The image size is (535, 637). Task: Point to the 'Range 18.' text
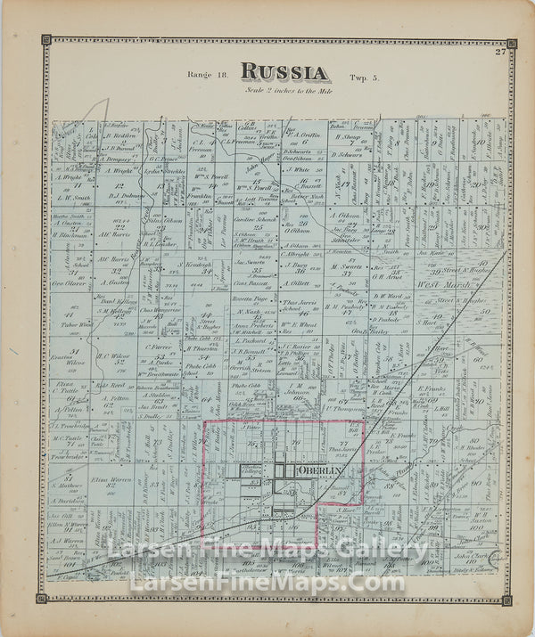tap(207, 77)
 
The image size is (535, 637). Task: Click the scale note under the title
tap(284, 90)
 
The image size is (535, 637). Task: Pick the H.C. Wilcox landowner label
tap(113, 357)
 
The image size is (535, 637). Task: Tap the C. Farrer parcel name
tap(161, 347)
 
